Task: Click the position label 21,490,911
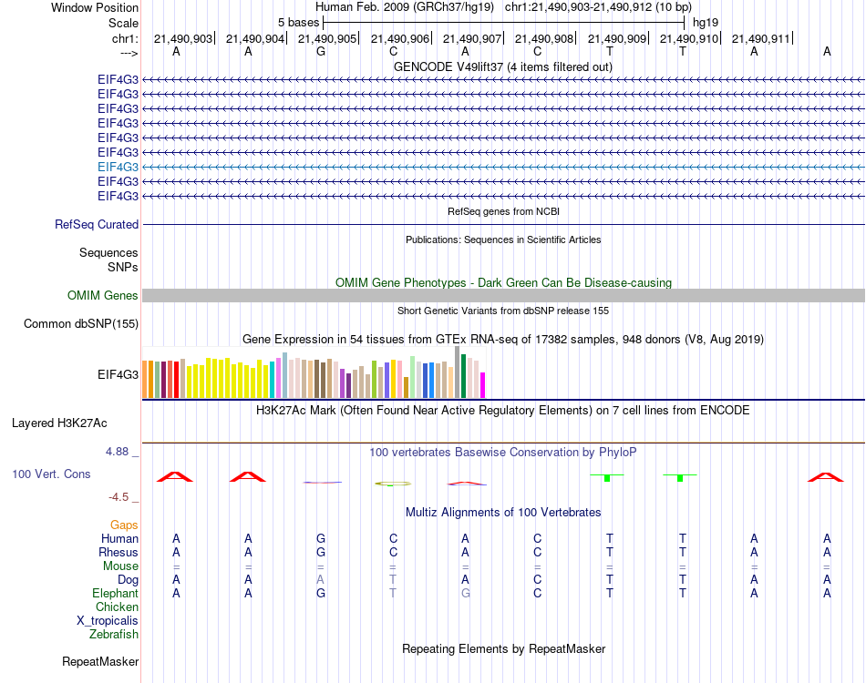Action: pyautogui.click(x=761, y=38)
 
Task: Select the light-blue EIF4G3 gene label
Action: pyautogui.click(x=118, y=167)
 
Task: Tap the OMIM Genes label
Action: pyautogui.click(x=103, y=295)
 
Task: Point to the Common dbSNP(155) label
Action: pyautogui.click(x=81, y=323)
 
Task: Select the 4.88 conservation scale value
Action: pyautogui.click(x=121, y=451)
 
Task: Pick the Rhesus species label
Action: pyautogui.click(x=119, y=552)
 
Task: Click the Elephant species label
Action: pyautogui.click(x=116, y=593)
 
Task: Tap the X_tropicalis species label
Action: pyautogui.click(x=108, y=620)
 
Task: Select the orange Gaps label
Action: pyautogui.click(x=124, y=525)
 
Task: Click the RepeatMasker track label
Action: pyautogui.click(x=100, y=661)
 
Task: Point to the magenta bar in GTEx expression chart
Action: pyautogui.click(x=483, y=385)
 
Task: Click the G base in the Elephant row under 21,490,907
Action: pyautogui.click(x=465, y=593)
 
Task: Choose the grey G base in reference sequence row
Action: pyautogui.click(x=321, y=51)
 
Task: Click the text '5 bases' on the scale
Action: pyautogui.click(x=298, y=22)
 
